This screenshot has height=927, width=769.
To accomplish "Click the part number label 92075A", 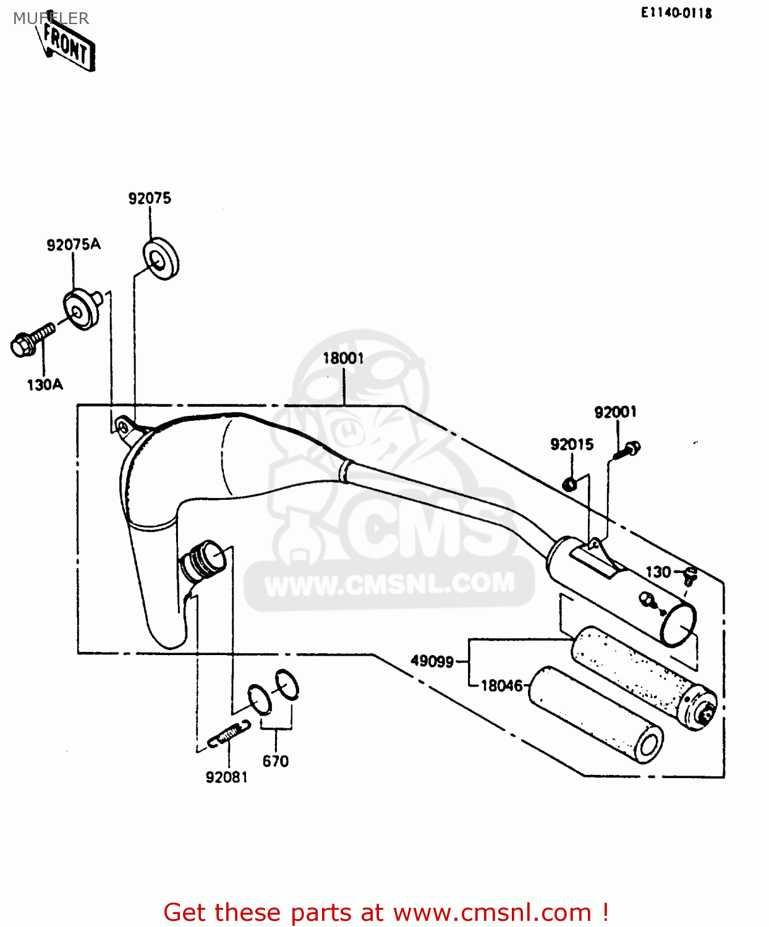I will tap(73, 245).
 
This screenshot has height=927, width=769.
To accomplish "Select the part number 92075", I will tap(150, 198).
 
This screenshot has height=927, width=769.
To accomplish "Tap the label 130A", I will tap(45, 385).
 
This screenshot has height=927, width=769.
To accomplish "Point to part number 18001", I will tap(343, 358).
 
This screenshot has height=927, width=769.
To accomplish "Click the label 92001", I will tap(615, 412).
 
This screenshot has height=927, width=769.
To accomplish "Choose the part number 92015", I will tap(572, 444).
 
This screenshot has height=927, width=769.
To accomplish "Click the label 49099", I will tap(432, 661).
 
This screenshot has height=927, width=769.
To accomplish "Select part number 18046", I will tap(501, 685).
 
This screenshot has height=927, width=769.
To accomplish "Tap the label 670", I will tap(275, 761).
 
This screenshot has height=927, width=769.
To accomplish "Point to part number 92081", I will tap(226, 777).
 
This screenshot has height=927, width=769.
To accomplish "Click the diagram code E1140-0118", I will tap(676, 13).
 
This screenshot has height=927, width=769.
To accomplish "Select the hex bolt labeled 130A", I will tap(31, 341).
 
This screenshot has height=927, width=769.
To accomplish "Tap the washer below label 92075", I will tap(161, 258).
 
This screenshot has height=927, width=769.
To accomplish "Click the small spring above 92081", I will tap(229, 733).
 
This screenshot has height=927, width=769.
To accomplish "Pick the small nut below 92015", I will tap(570, 483).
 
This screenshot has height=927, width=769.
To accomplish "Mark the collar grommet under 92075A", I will tap(82, 310).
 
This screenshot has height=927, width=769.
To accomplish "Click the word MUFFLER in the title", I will tap(51, 19).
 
